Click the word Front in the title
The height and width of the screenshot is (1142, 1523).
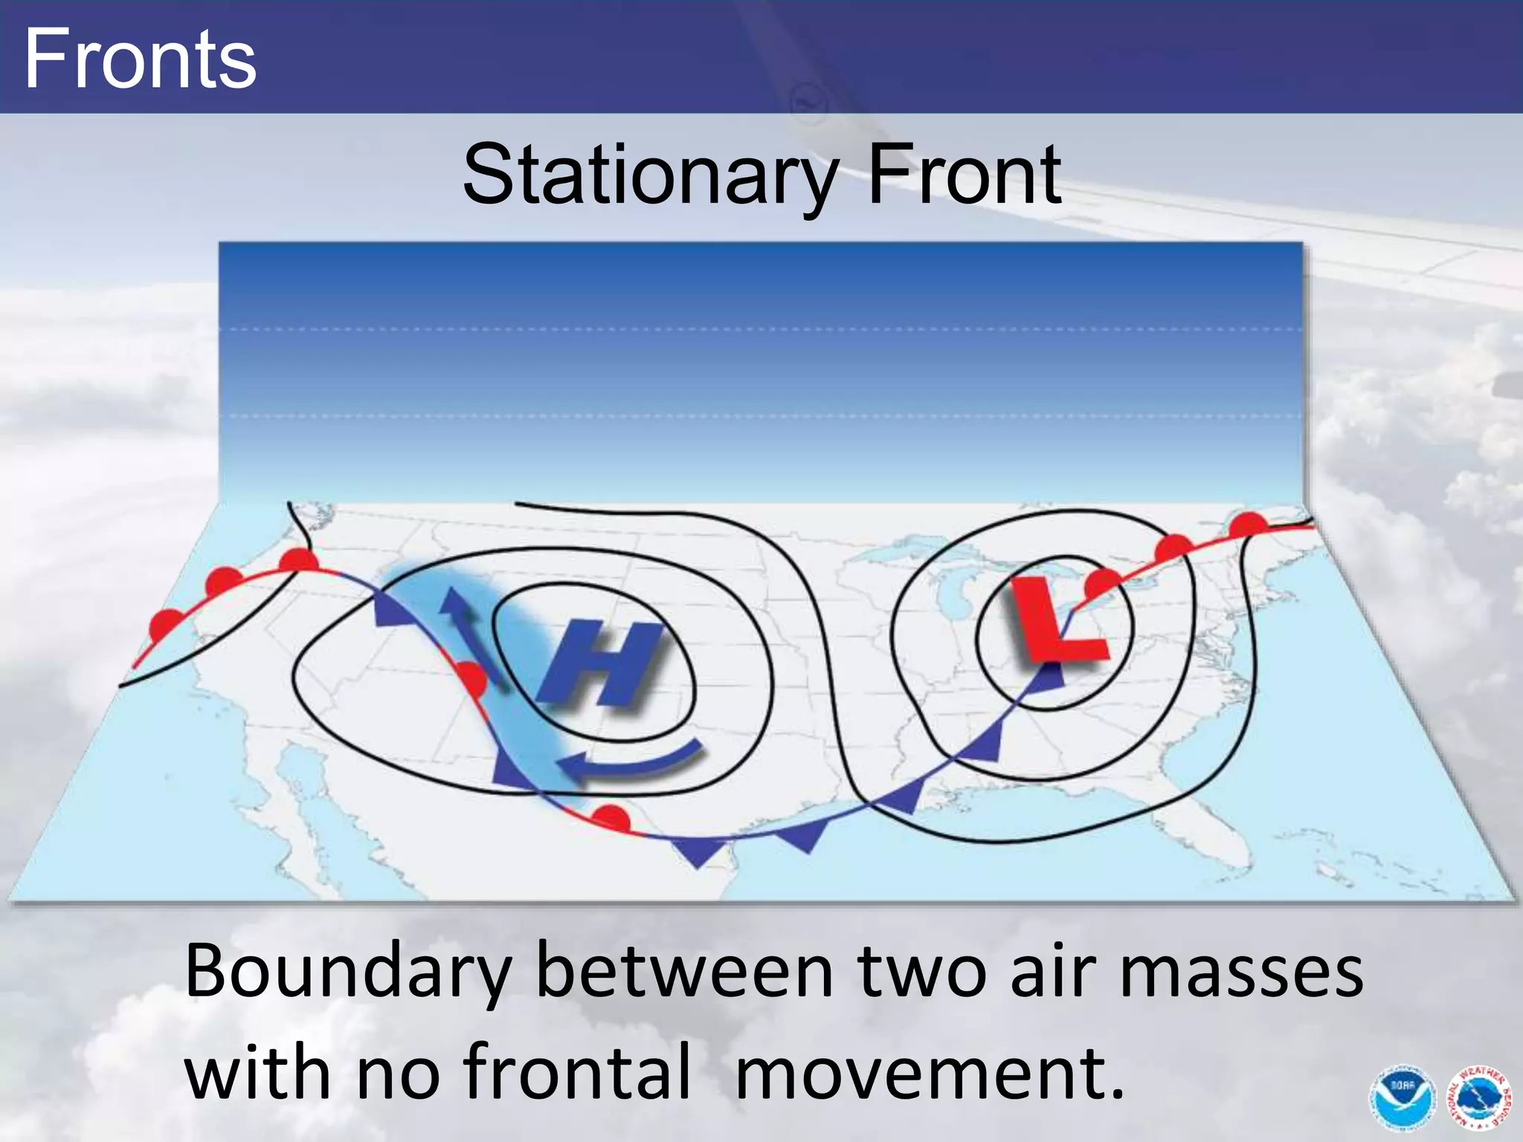coord(965,175)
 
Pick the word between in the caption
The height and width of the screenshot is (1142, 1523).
coord(684,972)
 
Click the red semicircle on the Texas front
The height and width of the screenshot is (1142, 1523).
coord(611,818)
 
